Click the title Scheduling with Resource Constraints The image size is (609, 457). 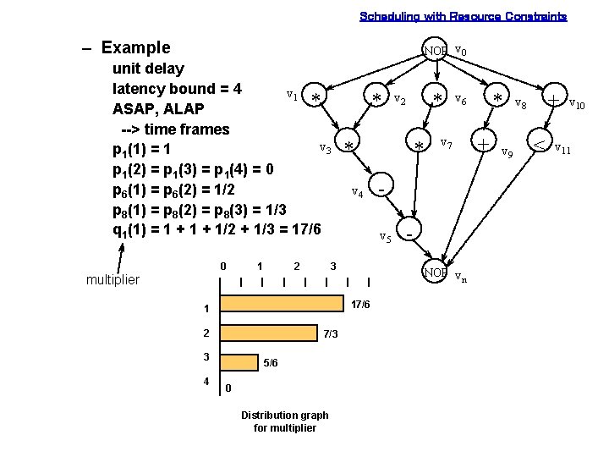click(x=463, y=16)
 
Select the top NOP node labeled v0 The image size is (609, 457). click(x=435, y=51)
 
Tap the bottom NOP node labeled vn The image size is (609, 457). click(x=435, y=273)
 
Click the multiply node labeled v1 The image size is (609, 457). click(x=315, y=98)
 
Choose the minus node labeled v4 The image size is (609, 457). click(x=382, y=186)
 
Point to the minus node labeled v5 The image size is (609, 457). click(x=409, y=230)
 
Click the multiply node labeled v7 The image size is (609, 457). click(x=419, y=146)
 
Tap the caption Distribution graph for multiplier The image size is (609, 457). click(x=285, y=421)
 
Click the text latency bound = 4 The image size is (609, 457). click(x=177, y=89)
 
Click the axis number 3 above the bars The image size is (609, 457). click(x=333, y=267)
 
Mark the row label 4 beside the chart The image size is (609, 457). click(x=206, y=382)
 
